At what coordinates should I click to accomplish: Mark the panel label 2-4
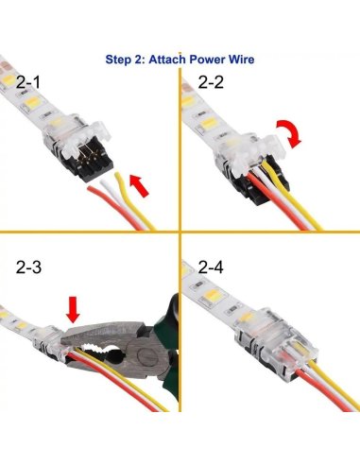coord(212,268)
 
